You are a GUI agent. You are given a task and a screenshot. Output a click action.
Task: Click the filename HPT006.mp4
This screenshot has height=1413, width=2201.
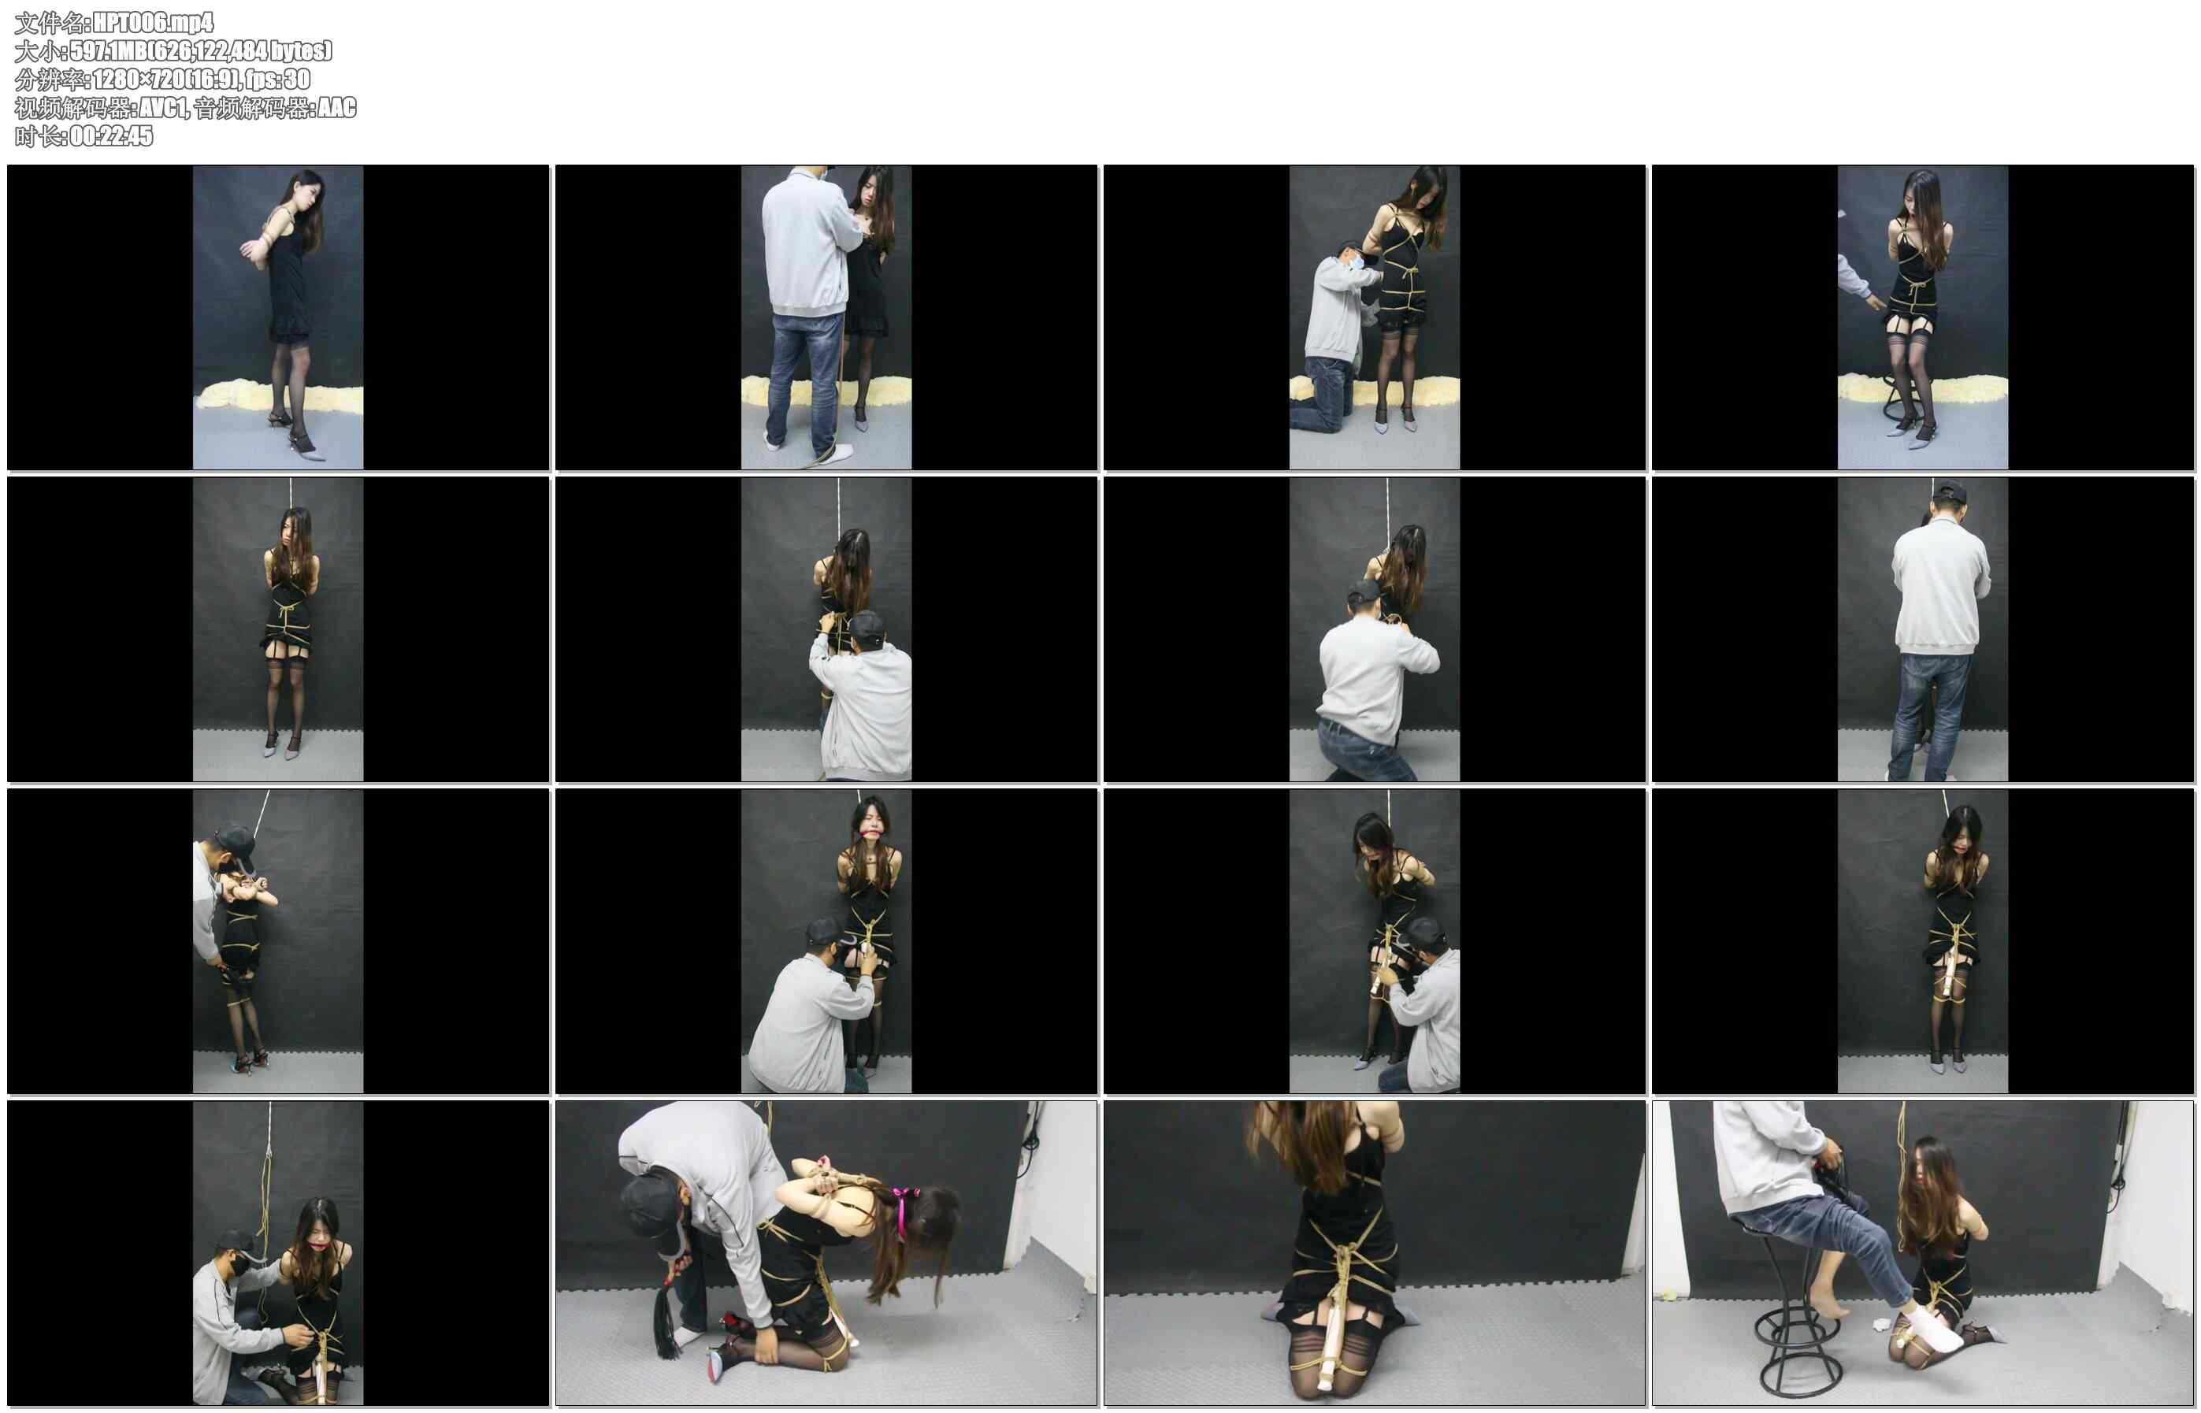point(153,22)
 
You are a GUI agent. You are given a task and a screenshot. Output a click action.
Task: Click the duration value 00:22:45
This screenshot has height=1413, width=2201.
point(111,135)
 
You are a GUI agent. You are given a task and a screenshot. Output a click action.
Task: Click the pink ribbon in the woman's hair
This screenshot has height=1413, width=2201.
point(906,1203)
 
